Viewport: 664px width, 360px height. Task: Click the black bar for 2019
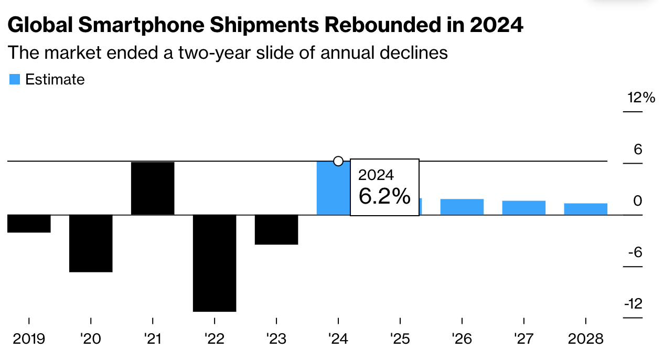pos(29,224)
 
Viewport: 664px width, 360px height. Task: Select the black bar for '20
pos(91,243)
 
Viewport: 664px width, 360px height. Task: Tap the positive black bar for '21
pos(153,188)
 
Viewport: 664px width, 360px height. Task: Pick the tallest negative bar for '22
pos(215,263)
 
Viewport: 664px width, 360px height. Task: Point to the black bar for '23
pos(276,229)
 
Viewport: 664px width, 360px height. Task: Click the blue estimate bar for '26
pos(462,207)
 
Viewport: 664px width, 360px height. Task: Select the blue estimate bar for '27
pos(523,208)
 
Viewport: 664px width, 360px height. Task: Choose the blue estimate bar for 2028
pos(585,209)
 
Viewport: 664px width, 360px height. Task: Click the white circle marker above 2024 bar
pos(338,161)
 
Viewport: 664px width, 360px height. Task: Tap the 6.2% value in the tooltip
pos(384,197)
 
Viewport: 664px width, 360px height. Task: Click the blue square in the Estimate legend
pos(15,80)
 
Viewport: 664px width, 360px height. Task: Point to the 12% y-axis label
pos(641,98)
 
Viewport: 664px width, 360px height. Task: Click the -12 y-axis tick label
pos(633,304)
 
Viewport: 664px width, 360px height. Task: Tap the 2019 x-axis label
pos(29,338)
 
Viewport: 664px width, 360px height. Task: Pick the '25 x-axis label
pos(400,338)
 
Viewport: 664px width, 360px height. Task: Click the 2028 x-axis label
pos(585,338)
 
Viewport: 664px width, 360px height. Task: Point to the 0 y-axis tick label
pos(637,201)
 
